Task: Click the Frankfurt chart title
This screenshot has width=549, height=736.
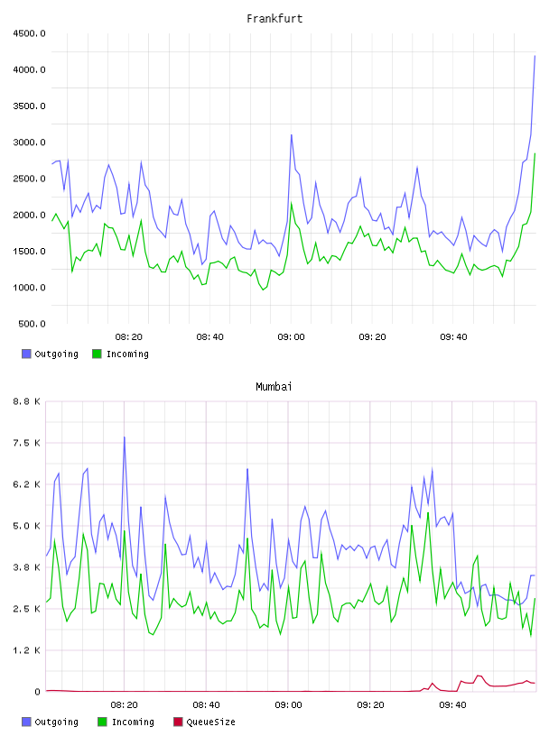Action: point(274,19)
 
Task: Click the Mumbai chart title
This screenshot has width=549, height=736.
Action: point(274,387)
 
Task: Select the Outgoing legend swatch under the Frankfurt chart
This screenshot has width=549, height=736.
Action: point(26,354)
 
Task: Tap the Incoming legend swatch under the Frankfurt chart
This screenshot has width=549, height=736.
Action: point(97,354)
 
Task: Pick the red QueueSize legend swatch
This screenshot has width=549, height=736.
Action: point(178,722)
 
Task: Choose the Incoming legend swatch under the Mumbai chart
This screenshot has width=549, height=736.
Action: point(102,722)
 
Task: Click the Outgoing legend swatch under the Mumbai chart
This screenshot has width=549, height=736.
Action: point(26,722)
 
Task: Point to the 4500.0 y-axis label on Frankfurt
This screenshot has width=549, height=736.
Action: point(29,33)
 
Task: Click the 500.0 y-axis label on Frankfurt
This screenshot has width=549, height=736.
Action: point(32,324)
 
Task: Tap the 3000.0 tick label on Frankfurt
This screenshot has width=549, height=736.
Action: point(29,143)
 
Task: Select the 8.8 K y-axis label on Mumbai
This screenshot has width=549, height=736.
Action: point(27,401)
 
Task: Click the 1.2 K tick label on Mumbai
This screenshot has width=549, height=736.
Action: point(27,650)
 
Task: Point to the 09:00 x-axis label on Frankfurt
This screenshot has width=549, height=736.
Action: point(291,337)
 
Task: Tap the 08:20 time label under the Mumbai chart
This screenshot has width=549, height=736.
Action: point(124,705)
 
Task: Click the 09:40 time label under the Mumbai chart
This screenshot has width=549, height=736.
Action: point(452,705)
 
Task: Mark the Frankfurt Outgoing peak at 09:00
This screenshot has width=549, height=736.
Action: point(292,135)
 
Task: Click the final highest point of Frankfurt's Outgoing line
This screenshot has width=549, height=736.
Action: point(535,56)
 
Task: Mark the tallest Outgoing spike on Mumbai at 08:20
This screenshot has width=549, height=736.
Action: point(124,437)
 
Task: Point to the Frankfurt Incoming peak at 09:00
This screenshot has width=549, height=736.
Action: point(292,203)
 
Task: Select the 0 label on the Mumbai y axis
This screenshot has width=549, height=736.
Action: point(37,692)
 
